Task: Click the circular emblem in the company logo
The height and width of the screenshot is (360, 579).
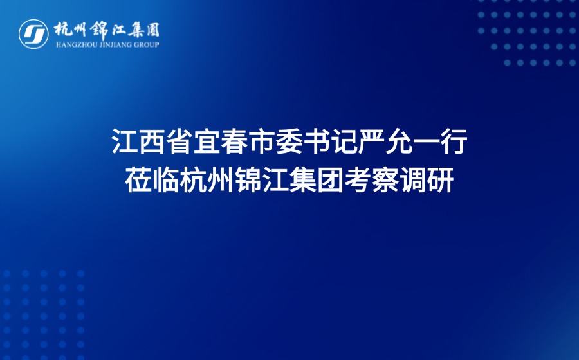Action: click(x=33, y=33)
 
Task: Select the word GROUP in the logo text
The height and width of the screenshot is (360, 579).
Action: click(x=145, y=44)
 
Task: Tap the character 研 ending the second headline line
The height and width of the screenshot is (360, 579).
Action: click(x=439, y=180)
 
